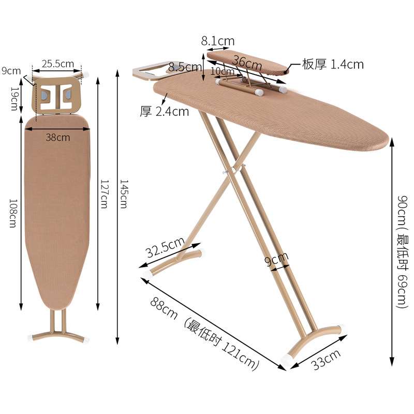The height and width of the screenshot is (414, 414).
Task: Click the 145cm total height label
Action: pyautogui.click(x=123, y=194)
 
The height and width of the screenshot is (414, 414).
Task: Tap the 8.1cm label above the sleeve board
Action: pyautogui.click(x=218, y=40)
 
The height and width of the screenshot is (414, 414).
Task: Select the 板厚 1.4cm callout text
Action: pyautogui.click(x=333, y=65)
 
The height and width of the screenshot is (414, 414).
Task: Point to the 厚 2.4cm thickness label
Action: pyautogui.click(x=165, y=111)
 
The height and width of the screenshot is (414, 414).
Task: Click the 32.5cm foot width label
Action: pyautogui.click(x=165, y=248)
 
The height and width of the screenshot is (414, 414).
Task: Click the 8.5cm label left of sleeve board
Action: pyautogui.click(x=185, y=67)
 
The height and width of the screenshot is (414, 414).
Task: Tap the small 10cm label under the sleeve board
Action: pyautogui.click(x=223, y=71)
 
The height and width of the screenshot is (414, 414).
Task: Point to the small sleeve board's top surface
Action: pyautogui.click(x=248, y=61)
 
